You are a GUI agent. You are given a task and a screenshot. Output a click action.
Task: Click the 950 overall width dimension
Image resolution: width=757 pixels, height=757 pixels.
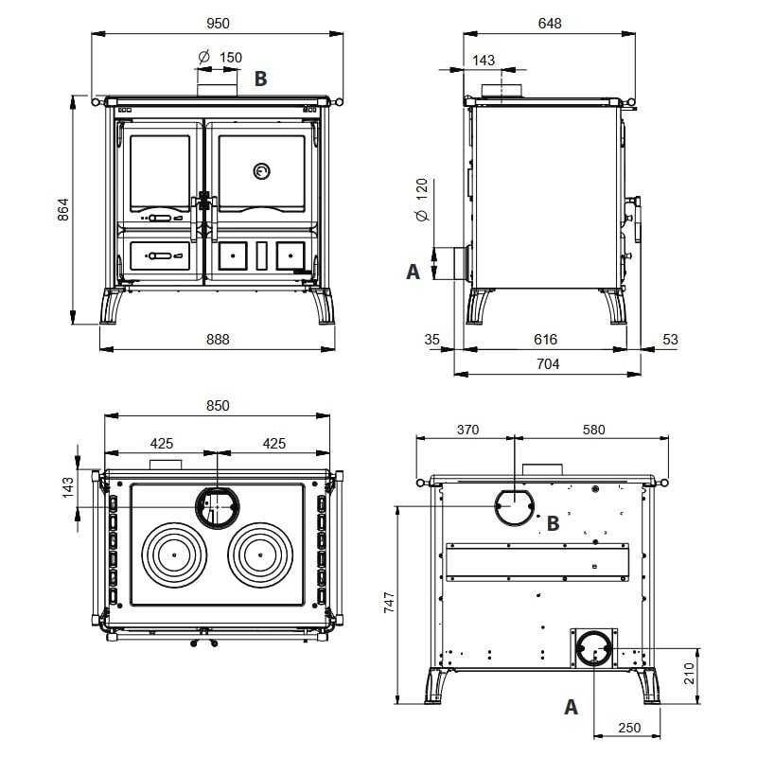[x=217, y=23]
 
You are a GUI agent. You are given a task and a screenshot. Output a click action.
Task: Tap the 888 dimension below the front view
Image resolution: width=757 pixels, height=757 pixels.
[x=217, y=339]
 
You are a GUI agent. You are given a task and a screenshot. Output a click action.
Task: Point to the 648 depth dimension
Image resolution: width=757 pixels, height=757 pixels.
[x=548, y=23]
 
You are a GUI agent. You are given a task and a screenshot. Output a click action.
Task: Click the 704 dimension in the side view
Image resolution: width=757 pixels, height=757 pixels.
[x=548, y=363]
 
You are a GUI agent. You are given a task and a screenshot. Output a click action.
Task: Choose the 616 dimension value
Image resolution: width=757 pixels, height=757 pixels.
[x=545, y=339]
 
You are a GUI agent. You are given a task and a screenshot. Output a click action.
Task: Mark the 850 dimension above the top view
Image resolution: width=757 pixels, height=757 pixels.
[x=217, y=405]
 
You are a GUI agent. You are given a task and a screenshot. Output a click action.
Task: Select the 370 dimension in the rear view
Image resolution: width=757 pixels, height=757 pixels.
[x=467, y=430]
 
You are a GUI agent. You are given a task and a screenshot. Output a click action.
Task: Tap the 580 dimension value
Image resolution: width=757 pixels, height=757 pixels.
[x=592, y=430]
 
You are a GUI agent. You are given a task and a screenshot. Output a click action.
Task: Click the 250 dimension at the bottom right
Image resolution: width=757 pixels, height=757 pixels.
[x=628, y=728]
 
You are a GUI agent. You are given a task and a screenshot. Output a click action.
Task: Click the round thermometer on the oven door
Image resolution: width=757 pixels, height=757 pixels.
[x=261, y=170]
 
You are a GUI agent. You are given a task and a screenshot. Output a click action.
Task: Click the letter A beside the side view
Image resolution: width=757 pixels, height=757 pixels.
[x=413, y=272]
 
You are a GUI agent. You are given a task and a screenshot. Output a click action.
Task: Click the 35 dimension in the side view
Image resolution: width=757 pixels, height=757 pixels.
[x=433, y=339]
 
